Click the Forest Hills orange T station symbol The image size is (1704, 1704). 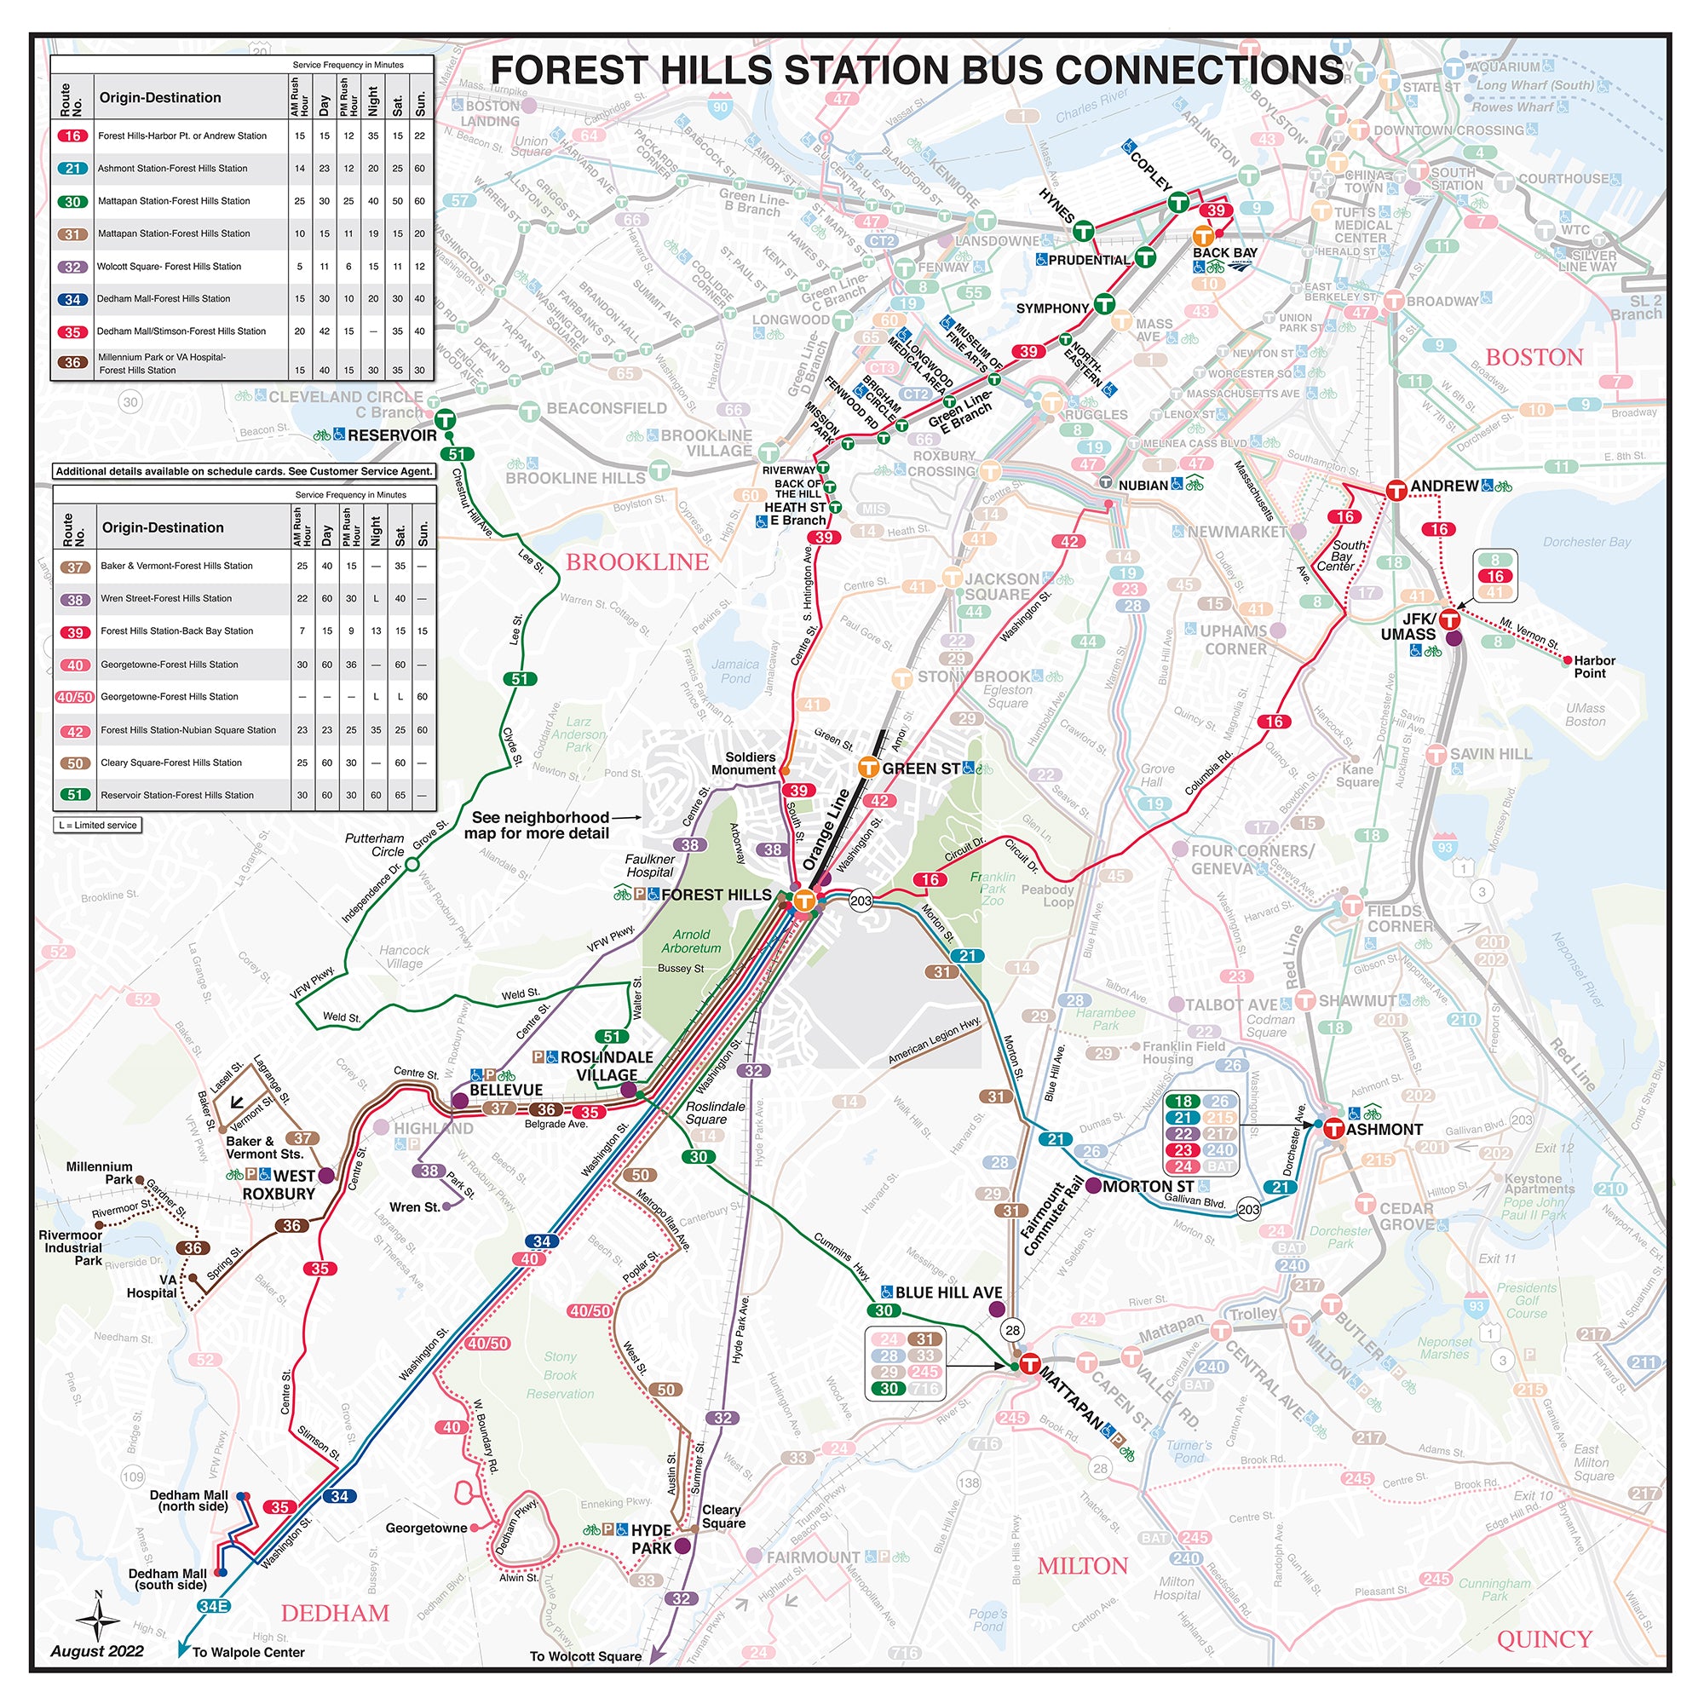[803, 901]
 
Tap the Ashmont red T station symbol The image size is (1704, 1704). [1333, 1128]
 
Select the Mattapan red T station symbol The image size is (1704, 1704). [1029, 1364]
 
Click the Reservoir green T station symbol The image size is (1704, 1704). [445, 420]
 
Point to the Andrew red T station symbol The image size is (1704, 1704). [1396, 490]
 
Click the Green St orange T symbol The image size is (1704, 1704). [869, 768]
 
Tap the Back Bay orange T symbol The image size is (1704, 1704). [1202, 236]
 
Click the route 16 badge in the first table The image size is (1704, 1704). [72, 135]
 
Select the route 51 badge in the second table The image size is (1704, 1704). [76, 795]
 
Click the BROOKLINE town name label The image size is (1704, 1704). [636, 561]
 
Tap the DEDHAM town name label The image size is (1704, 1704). [335, 1613]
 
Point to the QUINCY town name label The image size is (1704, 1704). [1545, 1639]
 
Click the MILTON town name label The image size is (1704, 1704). [1082, 1567]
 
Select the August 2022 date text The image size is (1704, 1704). [97, 1651]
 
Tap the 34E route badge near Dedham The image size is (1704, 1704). [214, 1606]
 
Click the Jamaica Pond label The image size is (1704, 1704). [734, 671]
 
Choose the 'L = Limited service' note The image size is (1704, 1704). [98, 825]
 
